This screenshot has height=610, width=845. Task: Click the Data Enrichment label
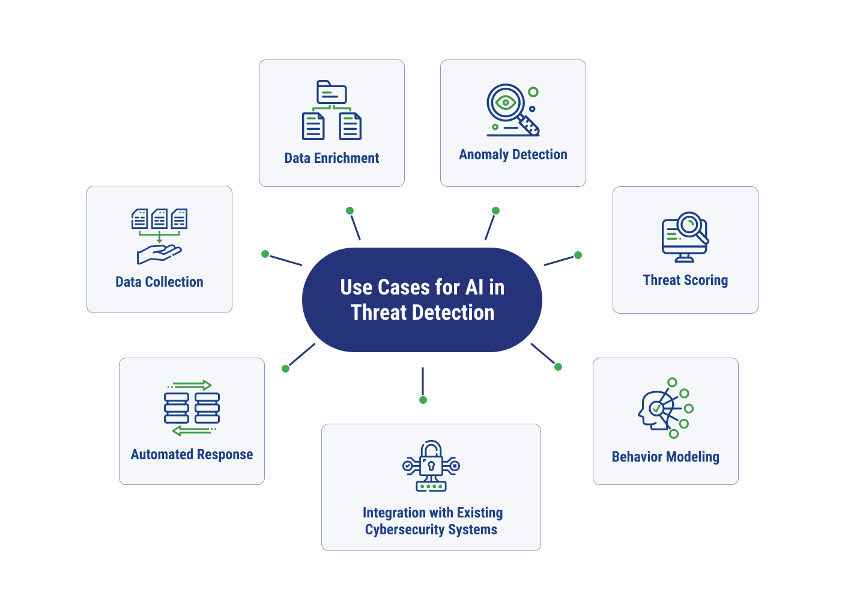click(332, 158)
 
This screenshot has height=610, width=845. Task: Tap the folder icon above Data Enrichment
click(332, 93)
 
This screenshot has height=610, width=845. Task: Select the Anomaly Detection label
click(513, 154)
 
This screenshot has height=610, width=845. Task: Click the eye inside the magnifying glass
click(506, 103)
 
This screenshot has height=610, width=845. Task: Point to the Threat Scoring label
click(685, 280)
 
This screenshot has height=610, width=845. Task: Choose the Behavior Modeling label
click(665, 457)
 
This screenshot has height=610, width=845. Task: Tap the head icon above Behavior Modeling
click(655, 410)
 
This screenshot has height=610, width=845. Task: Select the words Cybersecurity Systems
click(431, 529)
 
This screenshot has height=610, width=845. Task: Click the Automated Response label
click(192, 454)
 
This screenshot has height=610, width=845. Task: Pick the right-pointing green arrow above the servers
click(191, 385)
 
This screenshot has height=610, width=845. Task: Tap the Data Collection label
click(159, 282)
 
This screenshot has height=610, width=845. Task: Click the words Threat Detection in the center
click(422, 313)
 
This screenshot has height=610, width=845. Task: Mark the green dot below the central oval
click(423, 400)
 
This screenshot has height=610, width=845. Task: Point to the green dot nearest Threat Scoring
click(578, 255)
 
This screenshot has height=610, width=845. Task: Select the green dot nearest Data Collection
click(265, 254)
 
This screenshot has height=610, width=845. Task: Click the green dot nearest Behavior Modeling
click(558, 367)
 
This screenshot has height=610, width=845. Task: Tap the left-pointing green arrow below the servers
click(192, 431)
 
